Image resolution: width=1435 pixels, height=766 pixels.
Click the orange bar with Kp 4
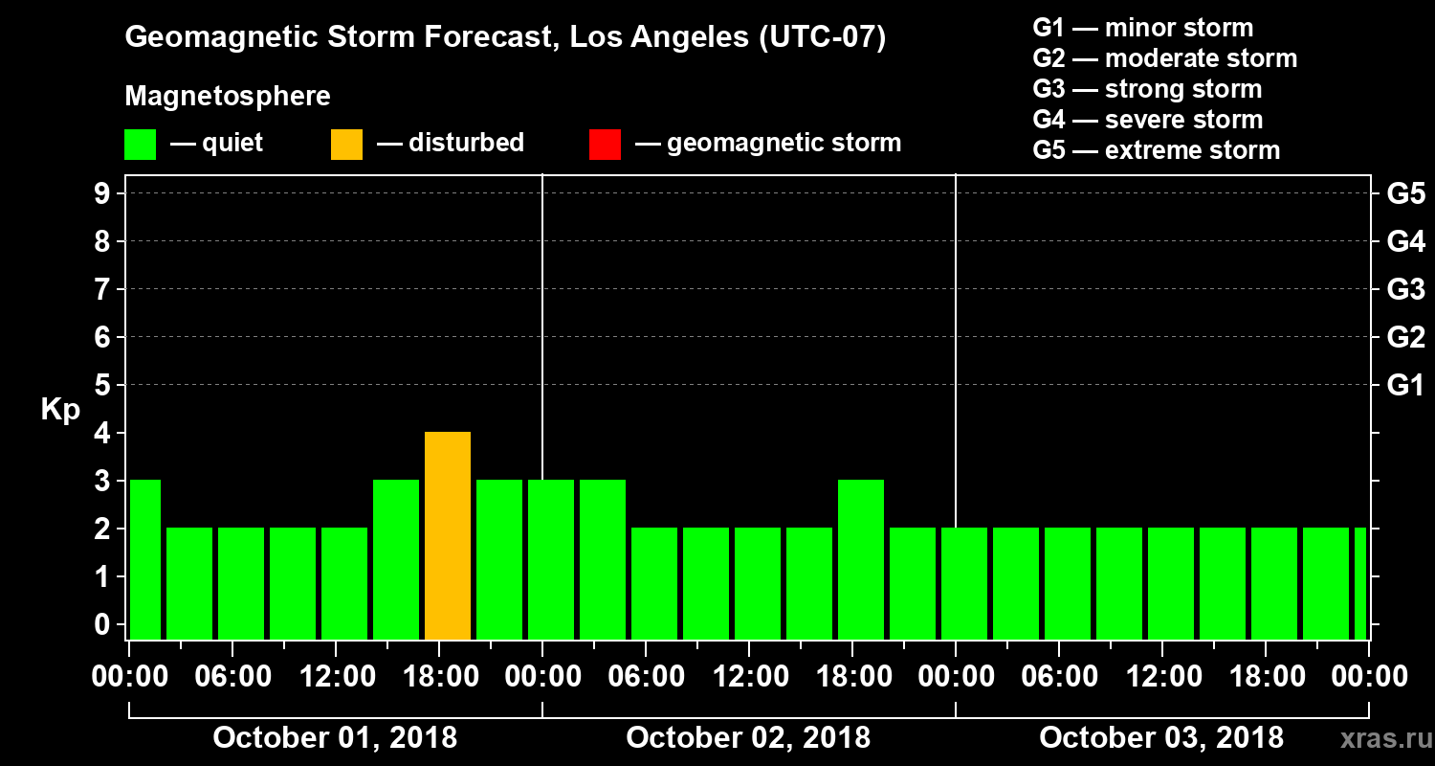(448, 536)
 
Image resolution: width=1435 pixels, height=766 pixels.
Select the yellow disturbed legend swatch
(346, 145)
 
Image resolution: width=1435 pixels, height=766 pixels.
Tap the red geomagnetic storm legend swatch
(605, 145)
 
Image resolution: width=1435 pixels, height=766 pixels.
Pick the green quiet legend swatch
(140, 145)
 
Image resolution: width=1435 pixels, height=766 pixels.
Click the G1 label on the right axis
(1405, 386)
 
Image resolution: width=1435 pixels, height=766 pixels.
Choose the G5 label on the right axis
(1405, 194)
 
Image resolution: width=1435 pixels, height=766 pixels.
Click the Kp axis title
(59, 410)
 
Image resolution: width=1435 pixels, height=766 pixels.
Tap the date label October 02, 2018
(748, 738)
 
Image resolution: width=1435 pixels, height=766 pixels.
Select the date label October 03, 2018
(1161, 738)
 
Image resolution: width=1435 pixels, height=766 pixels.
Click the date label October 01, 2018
(335, 738)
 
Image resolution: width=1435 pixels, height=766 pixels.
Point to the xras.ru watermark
(1380, 738)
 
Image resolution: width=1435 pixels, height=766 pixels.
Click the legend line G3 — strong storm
(1147, 89)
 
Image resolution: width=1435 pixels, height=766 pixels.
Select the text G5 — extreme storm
(1156, 150)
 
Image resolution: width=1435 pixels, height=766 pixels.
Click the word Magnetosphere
(228, 97)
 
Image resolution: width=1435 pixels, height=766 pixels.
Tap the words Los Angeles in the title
(644, 38)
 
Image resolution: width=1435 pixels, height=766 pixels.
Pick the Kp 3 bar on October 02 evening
(861, 560)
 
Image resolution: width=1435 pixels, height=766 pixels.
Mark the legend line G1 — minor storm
(1142, 28)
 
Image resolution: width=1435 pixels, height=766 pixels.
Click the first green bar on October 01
(145, 560)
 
